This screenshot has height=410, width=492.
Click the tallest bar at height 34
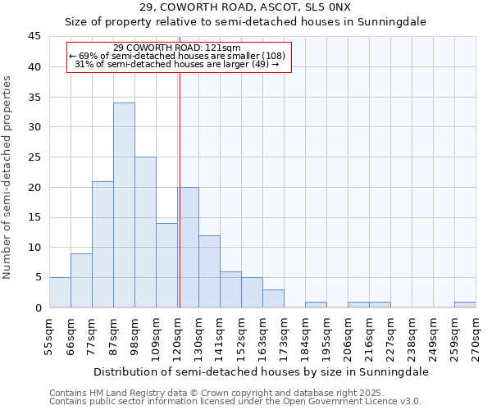click(x=124, y=205)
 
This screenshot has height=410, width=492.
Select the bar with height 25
click(x=145, y=232)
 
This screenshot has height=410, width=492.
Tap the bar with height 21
click(x=102, y=244)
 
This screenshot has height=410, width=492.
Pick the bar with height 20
click(x=188, y=247)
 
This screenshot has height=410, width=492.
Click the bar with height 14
click(x=166, y=265)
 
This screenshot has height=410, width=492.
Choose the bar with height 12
click(x=209, y=271)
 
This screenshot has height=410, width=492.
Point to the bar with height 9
click(x=81, y=280)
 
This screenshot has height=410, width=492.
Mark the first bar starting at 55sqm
click(x=60, y=292)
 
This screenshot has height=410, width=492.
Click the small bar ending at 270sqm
click(x=465, y=304)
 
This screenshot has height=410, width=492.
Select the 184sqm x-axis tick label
click(x=305, y=335)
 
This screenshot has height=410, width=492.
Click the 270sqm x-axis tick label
click(x=476, y=335)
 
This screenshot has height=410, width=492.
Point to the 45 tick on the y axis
click(x=34, y=37)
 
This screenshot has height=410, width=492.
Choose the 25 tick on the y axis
click(x=34, y=157)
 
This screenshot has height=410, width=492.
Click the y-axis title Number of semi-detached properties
click(x=7, y=177)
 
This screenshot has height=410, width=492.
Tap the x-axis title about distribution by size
click(x=262, y=371)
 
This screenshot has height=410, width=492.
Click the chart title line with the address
click(x=245, y=7)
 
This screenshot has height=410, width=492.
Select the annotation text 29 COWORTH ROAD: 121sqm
click(x=177, y=48)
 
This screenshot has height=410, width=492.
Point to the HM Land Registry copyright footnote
click(x=235, y=393)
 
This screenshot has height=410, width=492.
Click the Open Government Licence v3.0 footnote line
click(x=235, y=402)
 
